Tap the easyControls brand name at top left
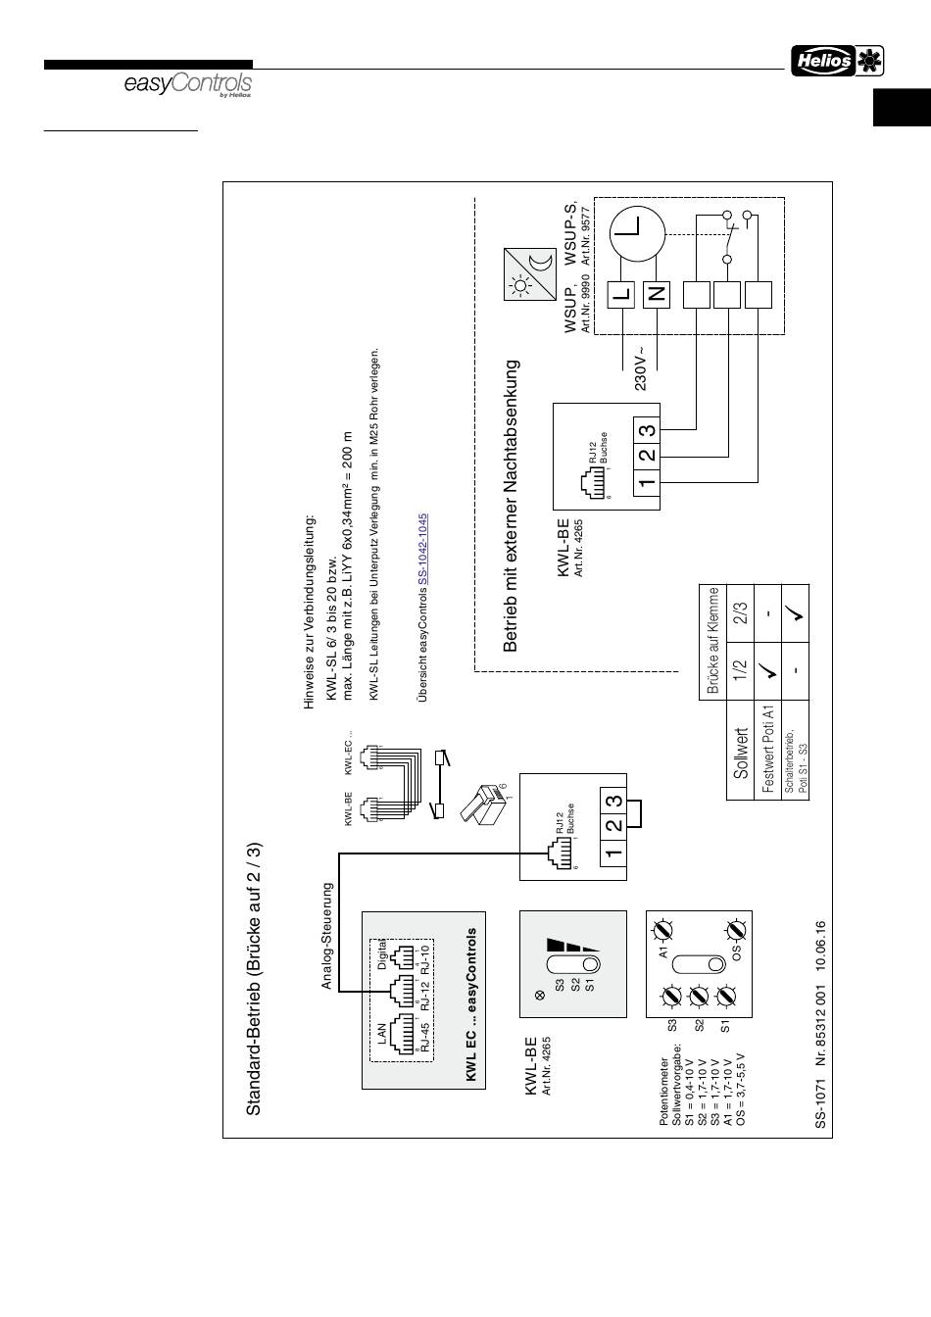coord(187,85)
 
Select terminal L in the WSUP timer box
coord(621,293)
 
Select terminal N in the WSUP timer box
coord(657,293)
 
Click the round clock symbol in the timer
coord(638,235)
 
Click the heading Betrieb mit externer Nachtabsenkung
coord(511,505)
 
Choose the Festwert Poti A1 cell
coord(769,750)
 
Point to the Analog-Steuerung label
coord(328,936)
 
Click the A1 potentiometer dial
coord(663,927)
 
